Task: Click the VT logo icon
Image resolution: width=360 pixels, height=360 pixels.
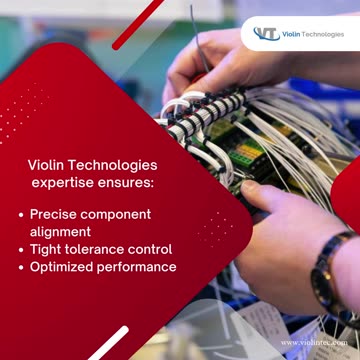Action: pos(267,34)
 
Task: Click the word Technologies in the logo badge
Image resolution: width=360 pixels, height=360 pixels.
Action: pos(326,34)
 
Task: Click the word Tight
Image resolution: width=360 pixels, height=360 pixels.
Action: pos(46,249)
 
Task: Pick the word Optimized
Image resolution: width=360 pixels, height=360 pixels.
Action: pos(61,267)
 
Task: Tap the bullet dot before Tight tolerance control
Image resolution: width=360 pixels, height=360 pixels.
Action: pos(22,249)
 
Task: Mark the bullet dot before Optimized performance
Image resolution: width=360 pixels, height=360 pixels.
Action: pos(22,267)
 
